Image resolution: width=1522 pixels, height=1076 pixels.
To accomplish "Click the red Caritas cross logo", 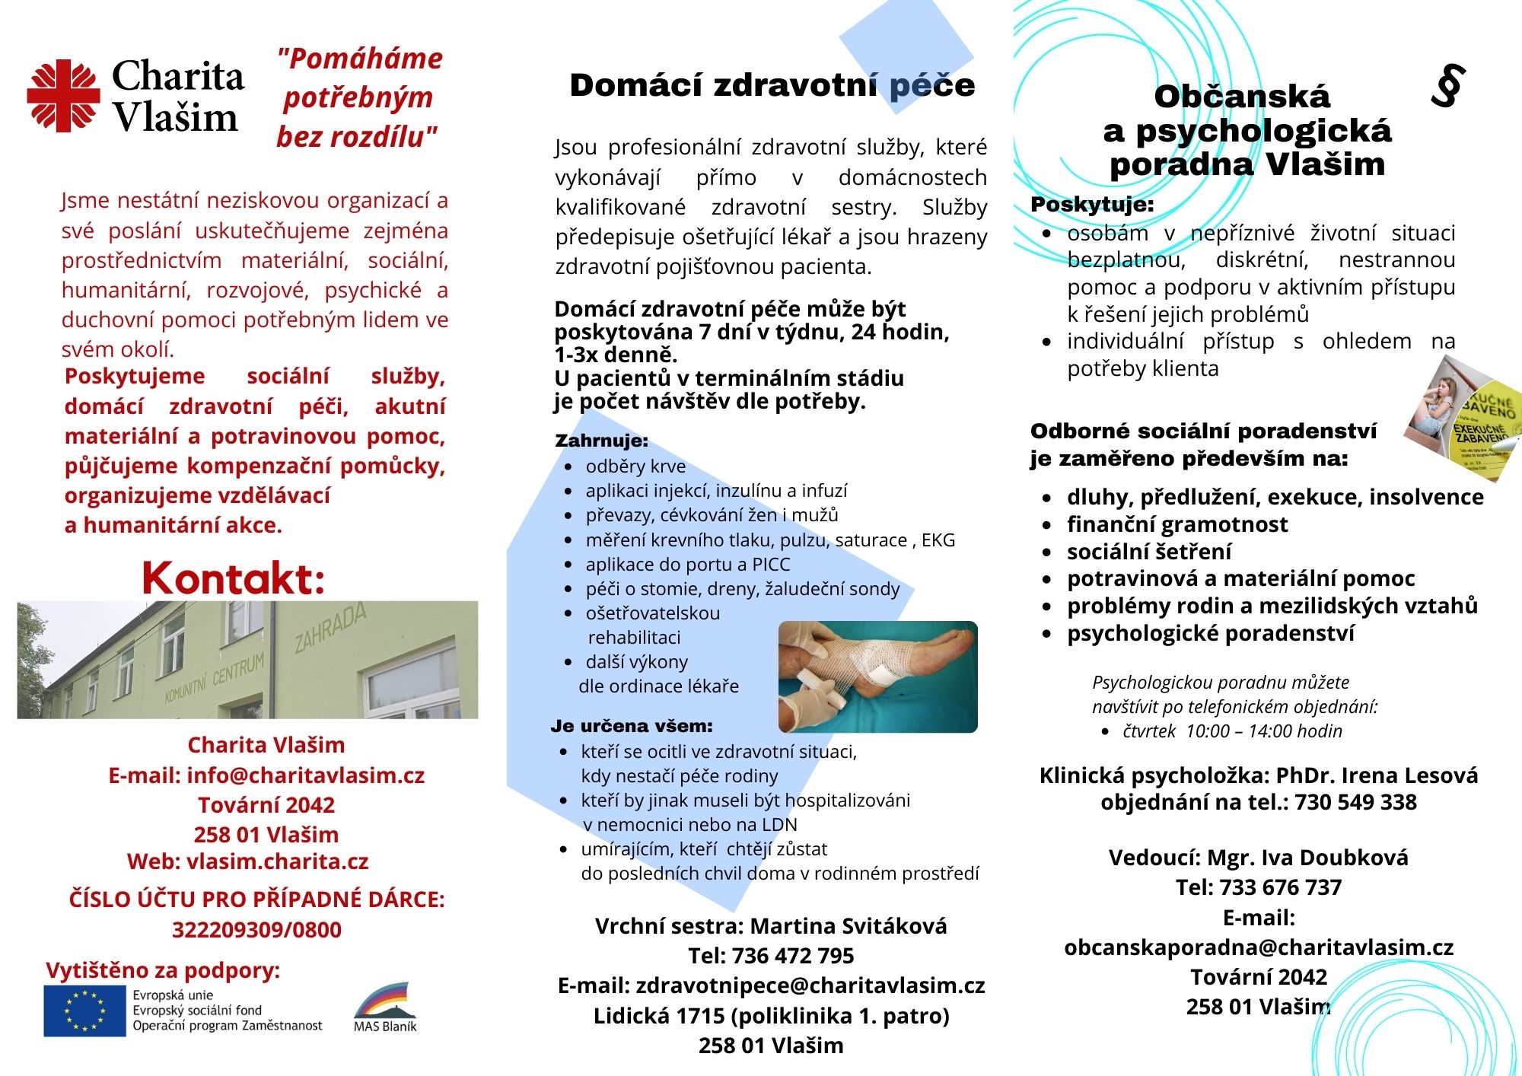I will point(63,96).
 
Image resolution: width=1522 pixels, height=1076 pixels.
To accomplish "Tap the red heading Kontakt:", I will point(233,578).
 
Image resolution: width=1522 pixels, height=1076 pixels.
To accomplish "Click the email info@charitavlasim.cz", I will point(305,775).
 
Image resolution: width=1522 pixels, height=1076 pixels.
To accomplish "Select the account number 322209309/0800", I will point(256,929).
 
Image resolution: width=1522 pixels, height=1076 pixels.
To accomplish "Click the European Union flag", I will point(84,1011).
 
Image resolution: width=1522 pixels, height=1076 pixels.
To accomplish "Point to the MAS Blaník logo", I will point(385,1006).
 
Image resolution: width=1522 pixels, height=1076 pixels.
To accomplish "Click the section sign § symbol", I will point(1447,87).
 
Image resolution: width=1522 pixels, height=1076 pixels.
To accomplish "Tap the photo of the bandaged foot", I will point(877,676).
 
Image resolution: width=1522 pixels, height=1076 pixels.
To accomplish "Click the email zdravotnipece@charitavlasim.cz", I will point(810,985).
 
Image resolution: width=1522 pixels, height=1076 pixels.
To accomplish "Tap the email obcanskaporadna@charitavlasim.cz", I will point(1259,947).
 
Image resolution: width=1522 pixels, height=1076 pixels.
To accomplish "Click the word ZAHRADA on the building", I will point(330,629).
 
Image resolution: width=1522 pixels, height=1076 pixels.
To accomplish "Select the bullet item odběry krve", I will point(635,466).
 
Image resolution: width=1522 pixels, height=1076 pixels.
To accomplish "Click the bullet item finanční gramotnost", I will point(1177,524).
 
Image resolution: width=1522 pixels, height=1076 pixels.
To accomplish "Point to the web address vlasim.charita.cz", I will point(277,861).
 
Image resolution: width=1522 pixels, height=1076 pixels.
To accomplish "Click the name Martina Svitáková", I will point(849,926).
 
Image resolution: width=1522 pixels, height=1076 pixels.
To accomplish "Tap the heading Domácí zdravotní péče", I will point(772,85).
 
